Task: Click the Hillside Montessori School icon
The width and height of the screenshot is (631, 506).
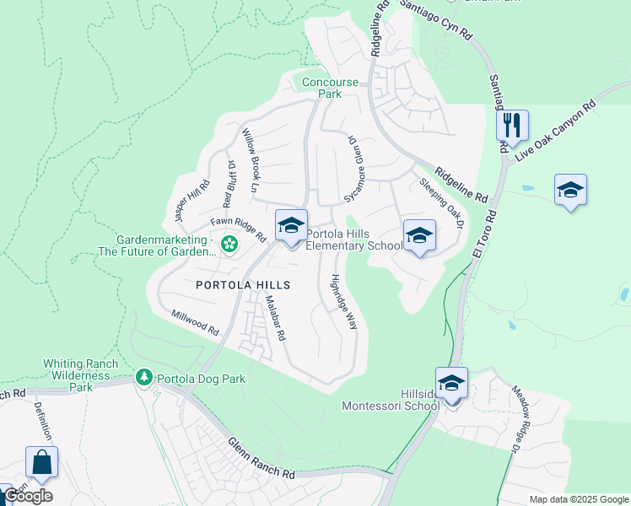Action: pyautogui.click(x=452, y=384)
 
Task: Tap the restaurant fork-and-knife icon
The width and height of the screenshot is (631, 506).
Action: pyautogui.click(x=512, y=126)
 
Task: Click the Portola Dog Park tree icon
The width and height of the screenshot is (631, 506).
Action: pyautogui.click(x=144, y=377)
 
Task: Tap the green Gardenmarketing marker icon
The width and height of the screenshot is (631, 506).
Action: pyautogui.click(x=228, y=245)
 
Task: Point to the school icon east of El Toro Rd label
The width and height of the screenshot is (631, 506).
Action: pyautogui.click(x=570, y=191)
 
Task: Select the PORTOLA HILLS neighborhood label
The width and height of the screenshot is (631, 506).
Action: pyautogui.click(x=244, y=285)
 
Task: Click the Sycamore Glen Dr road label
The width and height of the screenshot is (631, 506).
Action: pyautogui.click(x=355, y=169)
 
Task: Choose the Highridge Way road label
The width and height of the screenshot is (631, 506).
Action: pyautogui.click(x=344, y=301)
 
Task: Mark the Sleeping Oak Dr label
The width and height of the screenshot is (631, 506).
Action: pyautogui.click(x=442, y=202)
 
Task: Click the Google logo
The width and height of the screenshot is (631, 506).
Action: pyautogui.click(x=28, y=496)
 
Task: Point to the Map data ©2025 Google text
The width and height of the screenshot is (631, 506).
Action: pyautogui.click(x=578, y=499)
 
